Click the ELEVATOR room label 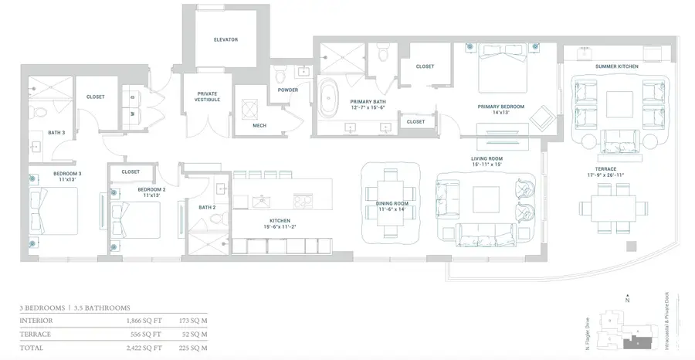click(226, 39)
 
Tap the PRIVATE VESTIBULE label click(208, 97)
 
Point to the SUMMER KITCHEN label click(617, 67)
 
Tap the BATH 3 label click(56, 132)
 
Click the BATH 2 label click(206, 207)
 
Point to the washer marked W click(134, 114)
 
